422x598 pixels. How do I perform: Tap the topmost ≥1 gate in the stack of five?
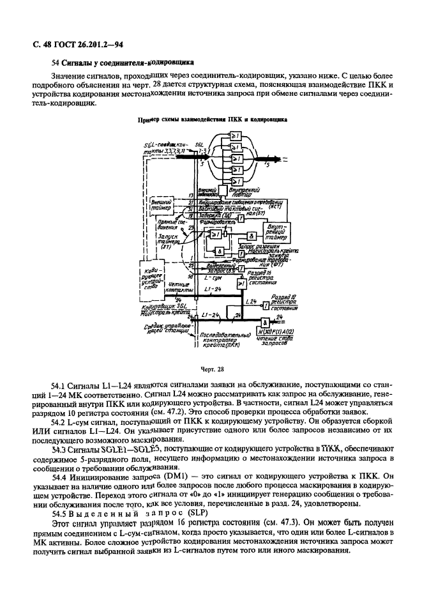pyautogui.click(x=236, y=135)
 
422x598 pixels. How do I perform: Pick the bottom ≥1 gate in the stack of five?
pyautogui.click(x=236, y=180)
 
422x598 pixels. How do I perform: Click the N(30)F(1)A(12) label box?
pyautogui.click(x=275, y=332)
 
